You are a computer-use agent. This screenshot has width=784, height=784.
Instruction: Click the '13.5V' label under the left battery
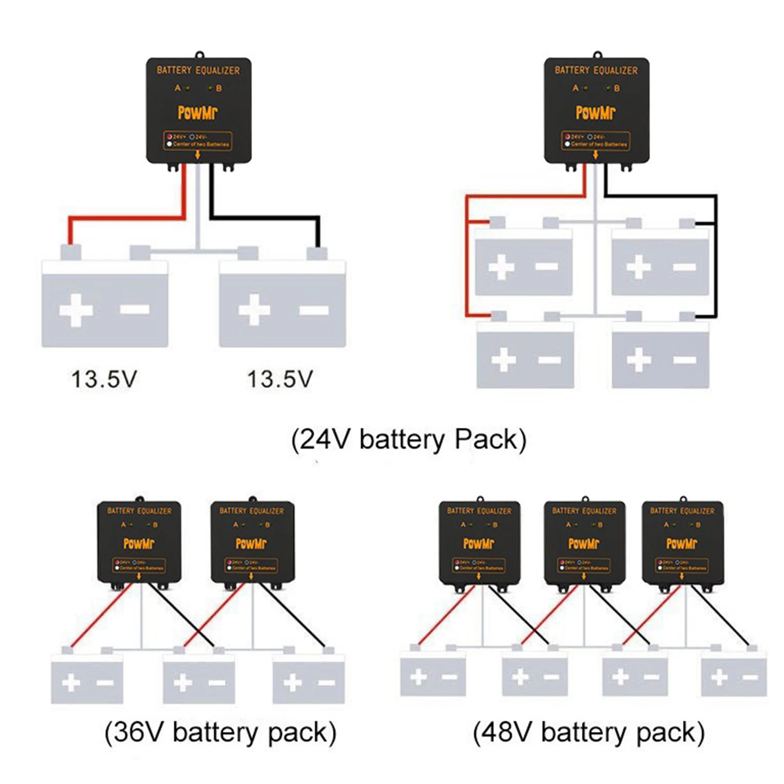click(104, 379)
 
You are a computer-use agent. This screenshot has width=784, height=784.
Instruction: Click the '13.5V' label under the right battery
click(280, 379)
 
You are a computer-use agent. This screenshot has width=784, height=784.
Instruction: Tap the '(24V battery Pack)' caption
click(409, 440)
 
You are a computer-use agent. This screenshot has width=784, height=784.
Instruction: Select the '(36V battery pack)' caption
click(220, 733)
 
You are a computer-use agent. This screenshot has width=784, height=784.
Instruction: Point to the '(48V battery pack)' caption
click(588, 733)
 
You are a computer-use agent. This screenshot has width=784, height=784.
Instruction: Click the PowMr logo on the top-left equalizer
click(197, 113)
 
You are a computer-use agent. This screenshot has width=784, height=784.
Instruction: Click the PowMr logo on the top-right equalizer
click(595, 113)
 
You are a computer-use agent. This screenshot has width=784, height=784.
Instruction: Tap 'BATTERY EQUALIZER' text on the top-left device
click(198, 71)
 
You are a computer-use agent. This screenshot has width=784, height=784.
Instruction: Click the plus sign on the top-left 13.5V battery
click(76, 310)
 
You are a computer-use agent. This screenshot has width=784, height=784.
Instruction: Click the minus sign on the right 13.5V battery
click(314, 310)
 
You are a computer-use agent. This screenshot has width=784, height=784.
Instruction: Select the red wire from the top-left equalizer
click(127, 218)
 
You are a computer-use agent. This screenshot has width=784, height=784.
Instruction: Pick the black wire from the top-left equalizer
click(265, 218)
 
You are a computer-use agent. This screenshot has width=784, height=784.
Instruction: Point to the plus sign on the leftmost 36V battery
click(71, 683)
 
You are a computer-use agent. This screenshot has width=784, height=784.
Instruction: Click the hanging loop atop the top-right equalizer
click(597, 54)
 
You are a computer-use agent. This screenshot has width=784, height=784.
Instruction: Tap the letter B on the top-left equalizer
click(219, 88)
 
